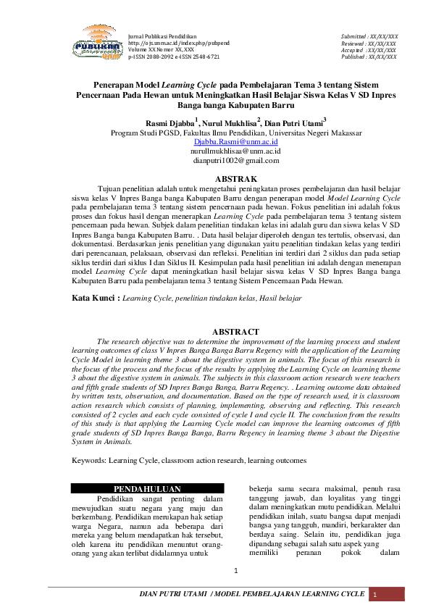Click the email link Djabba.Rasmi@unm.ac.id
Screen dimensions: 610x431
pyautogui.click(x=235, y=143)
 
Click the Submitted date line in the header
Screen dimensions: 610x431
pyautogui.click(x=369, y=35)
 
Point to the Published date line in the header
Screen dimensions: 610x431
pyautogui.click(x=369, y=56)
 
